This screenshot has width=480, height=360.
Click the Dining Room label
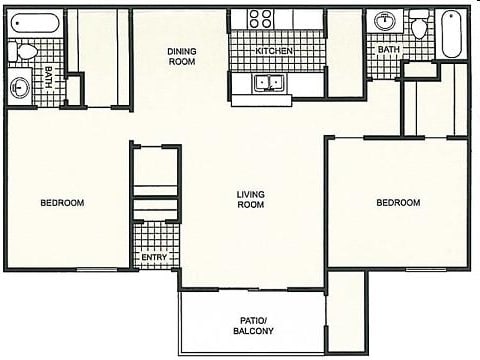(x=181, y=56)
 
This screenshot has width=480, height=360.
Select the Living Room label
(x=249, y=199)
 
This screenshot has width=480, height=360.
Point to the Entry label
(x=154, y=258)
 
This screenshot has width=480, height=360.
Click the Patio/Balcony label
(x=252, y=325)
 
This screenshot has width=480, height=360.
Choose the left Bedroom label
(x=62, y=203)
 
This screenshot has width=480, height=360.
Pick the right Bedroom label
(x=398, y=203)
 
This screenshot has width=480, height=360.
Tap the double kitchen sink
(x=268, y=84)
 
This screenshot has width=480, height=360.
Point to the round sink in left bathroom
(x=21, y=87)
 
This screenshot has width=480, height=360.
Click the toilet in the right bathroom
(x=420, y=24)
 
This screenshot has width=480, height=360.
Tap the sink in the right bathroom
(x=385, y=21)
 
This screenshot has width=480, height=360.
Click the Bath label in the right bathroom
(x=389, y=48)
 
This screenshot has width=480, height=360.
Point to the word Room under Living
(x=249, y=205)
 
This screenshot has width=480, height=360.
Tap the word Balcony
(x=252, y=331)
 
